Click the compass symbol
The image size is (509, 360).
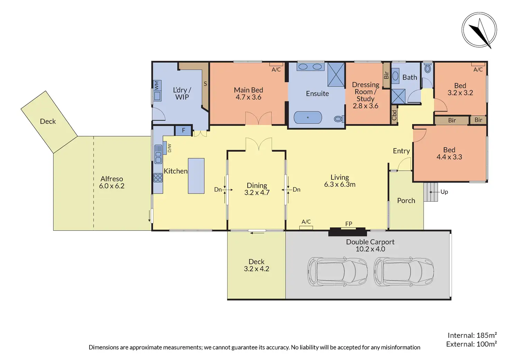coord(479,30)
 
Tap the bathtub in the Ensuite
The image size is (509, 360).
coord(308,118)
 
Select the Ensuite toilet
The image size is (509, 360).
coord(339,119)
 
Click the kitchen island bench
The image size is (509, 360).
coord(196,176)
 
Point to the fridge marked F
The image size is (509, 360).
coord(183,130)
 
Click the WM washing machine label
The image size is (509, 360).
coord(157,85)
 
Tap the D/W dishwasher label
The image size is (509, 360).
coord(169,148)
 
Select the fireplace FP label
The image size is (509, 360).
coord(349,224)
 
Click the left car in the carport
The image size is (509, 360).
coord(338,271)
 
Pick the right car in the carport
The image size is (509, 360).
coord(404,271)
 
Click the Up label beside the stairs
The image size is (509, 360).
coord(444,192)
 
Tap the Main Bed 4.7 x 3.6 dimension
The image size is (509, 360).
coord(248,97)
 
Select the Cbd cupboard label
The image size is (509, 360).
coord(394,115)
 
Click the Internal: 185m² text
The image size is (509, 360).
coord(472,335)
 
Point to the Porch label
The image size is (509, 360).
coord(406,201)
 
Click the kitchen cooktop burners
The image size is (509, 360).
coord(158,177)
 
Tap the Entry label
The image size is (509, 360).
coord(401,151)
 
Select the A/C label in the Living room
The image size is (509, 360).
coord(306,222)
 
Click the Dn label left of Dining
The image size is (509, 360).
coord(218,190)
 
